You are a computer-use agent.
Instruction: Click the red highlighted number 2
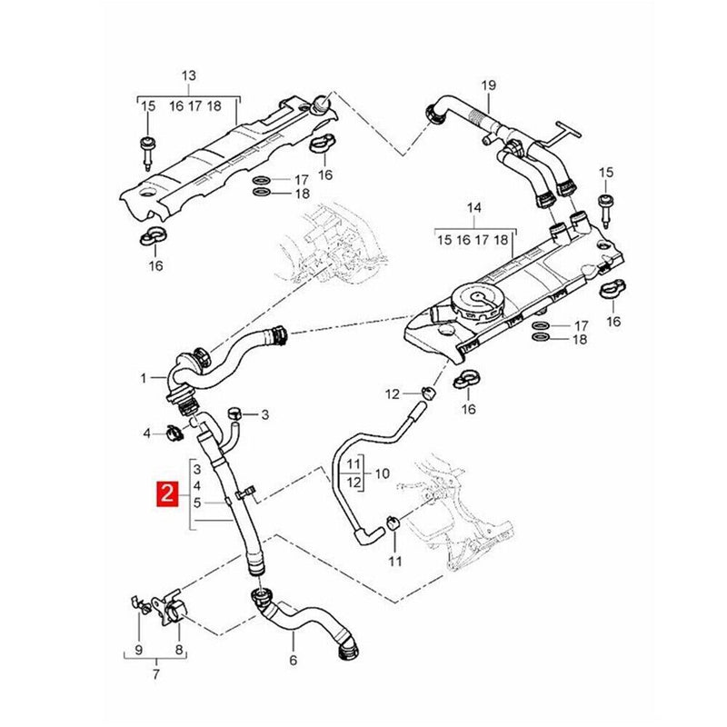point(166,495)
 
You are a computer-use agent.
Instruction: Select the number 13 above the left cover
point(188,75)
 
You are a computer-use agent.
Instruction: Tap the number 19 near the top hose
point(489,86)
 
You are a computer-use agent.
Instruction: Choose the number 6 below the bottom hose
point(293,660)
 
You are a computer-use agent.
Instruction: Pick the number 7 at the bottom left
point(155,674)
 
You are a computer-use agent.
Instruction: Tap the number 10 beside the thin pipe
point(178,650)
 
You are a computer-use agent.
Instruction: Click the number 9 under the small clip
point(139,650)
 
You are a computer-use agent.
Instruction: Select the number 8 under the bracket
point(382,473)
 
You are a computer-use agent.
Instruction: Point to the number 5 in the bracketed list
point(197,502)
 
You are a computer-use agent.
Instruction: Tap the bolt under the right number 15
point(605,209)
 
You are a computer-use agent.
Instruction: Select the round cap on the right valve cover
point(473,304)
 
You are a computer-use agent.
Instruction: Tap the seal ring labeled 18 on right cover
point(540,339)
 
